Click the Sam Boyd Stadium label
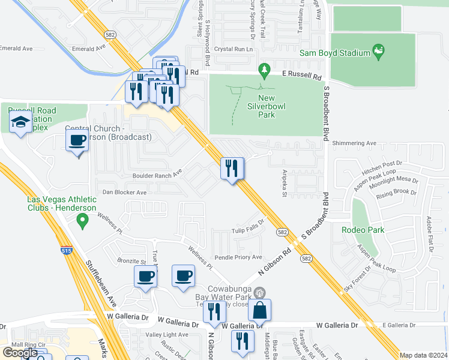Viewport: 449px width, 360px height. click(x=335, y=53)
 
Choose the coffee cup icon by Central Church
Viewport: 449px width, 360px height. click(x=77, y=141)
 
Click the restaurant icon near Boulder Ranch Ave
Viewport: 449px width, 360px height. click(x=232, y=168)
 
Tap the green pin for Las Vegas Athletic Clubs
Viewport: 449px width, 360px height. click(x=82, y=222)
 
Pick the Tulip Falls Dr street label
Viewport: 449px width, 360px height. click(x=249, y=231)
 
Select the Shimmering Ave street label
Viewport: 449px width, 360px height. click(x=354, y=143)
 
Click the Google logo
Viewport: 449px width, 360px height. click(x=20, y=352)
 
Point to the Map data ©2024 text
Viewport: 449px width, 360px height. click(x=423, y=355)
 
